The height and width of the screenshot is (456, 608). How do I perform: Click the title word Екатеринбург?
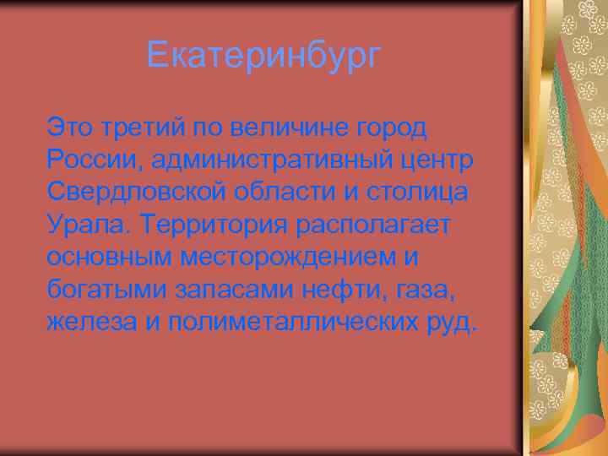[x=263, y=57]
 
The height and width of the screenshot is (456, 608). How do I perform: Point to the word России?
[x=88, y=160]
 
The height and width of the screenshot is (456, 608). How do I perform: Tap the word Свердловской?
[x=133, y=192]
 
